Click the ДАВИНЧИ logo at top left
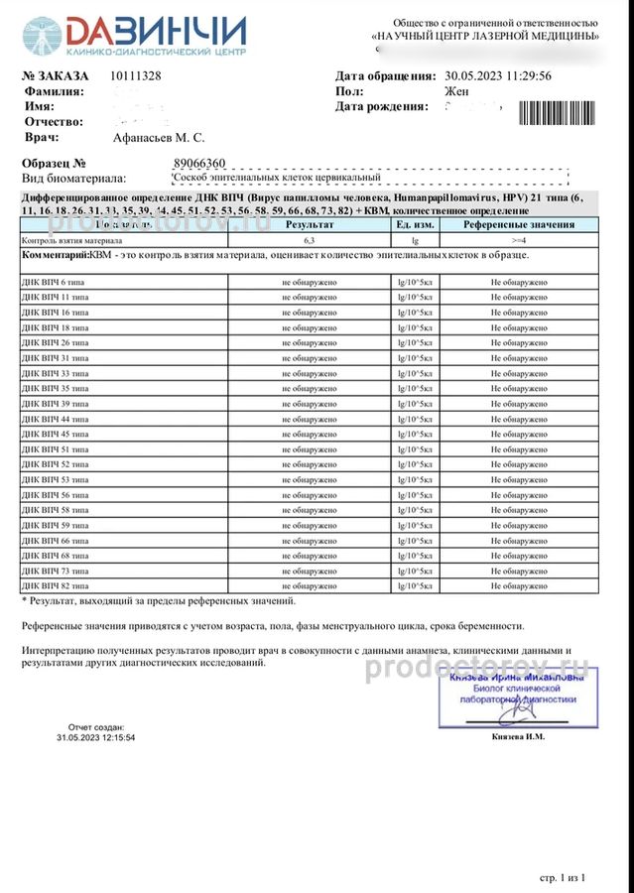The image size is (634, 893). click(134, 36)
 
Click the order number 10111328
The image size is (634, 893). click(136, 76)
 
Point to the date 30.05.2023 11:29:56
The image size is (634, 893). click(512, 76)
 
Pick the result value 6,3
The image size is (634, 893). click(310, 240)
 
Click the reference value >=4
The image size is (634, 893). click(518, 240)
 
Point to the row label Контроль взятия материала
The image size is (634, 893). click(72, 240)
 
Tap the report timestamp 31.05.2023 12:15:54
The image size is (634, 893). click(96, 738)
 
